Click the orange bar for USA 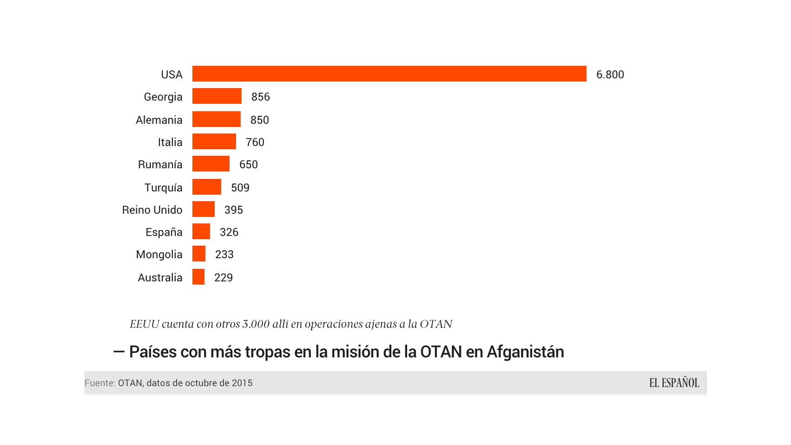pyautogui.click(x=389, y=74)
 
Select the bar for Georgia pyautogui.click(x=217, y=96)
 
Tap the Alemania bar pyautogui.click(x=217, y=119)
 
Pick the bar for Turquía pyautogui.click(x=207, y=187)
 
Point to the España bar pyautogui.click(x=201, y=231)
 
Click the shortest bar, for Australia pyautogui.click(x=198, y=277)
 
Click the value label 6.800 pyautogui.click(x=610, y=75)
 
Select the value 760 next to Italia pyautogui.click(x=255, y=142)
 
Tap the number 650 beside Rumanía pyautogui.click(x=249, y=165)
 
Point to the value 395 pyautogui.click(x=234, y=210)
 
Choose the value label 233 pyautogui.click(x=224, y=254)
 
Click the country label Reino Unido pyautogui.click(x=152, y=210)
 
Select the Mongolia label pyautogui.click(x=159, y=254)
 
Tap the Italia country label pyautogui.click(x=170, y=142)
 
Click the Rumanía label pyautogui.click(x=160, y=165)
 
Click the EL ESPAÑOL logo pyautogui.click(x=674, y=383)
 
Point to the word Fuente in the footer pyautogui.click(x=99, y=383)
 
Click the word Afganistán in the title pyautogui.click(x=525, y=352)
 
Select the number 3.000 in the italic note pyautogui.click(x=256, y=324)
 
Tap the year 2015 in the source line pyautogui.click(x=242, y=383)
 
